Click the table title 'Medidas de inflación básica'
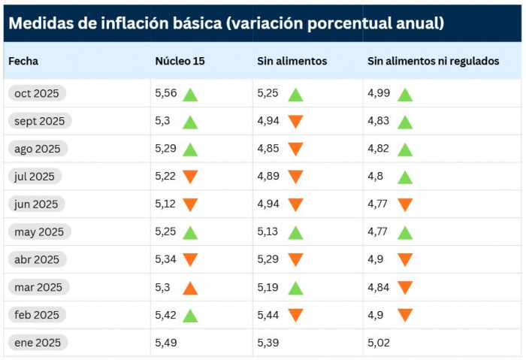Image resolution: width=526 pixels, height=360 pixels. point(225,23)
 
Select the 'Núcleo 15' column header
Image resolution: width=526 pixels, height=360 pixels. point(180,61)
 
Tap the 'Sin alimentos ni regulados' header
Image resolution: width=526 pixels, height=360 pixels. point(433,61)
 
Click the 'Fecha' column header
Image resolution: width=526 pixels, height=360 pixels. point(23,61)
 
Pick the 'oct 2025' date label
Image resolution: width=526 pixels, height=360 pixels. point(37,93)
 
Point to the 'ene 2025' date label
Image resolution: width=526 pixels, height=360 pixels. point(37,343)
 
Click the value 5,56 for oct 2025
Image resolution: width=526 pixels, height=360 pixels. point(165,93)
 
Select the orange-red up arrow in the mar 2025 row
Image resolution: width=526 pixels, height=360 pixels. point(190,287)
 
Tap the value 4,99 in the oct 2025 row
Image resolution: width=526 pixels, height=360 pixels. point(379,93)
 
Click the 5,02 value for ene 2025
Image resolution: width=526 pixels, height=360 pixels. point(379,343)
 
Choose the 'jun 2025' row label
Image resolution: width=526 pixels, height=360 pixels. point(36,204)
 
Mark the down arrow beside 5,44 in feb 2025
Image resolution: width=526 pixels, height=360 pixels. point(295,316)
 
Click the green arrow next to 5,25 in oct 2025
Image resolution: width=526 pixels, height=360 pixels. point(295,95)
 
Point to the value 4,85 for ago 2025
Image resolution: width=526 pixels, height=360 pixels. point(268,149)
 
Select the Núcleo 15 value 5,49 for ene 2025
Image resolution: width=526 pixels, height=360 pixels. point(165,343)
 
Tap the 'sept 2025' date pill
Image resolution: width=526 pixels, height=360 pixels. point(39,121)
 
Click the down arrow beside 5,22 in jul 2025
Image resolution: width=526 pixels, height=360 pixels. point(190,177)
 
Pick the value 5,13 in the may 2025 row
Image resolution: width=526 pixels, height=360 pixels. point(268,231)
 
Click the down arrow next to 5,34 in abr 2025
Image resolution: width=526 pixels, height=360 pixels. point(190,260)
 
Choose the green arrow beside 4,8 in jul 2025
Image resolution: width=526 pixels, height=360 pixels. point(405,177)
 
